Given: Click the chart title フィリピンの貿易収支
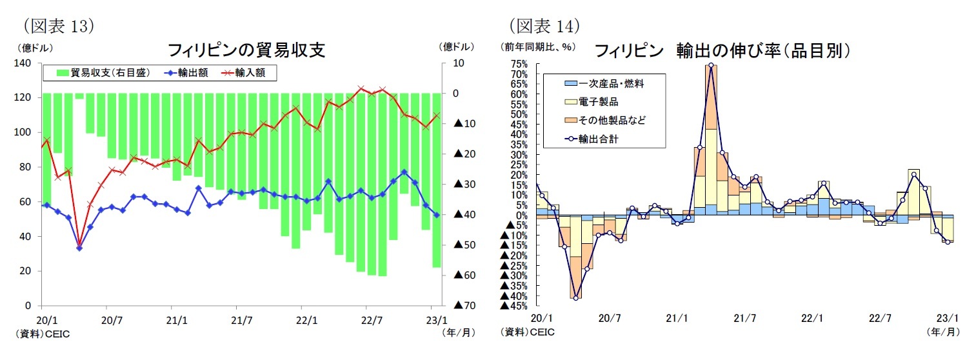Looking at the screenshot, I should [x=246, y=50].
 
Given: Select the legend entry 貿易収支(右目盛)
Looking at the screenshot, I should [x=103, y=73].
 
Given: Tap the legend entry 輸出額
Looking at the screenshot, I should [x=188, y=73].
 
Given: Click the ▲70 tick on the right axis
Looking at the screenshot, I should [x=464, y=305].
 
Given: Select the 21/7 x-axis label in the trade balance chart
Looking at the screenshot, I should [x=241, y=319].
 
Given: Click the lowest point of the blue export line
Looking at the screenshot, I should [x=79, y=247].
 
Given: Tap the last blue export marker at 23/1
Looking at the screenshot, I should [x=437, y=215].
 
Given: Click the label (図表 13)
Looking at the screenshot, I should [x=59, y=25].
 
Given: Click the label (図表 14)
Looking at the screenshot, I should [x=545, y=25].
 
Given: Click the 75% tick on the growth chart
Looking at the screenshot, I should [x=519, y=64].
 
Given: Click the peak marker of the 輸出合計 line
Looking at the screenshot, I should [x=711, y=65].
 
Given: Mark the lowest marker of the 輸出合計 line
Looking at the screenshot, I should [x=575, y=297].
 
